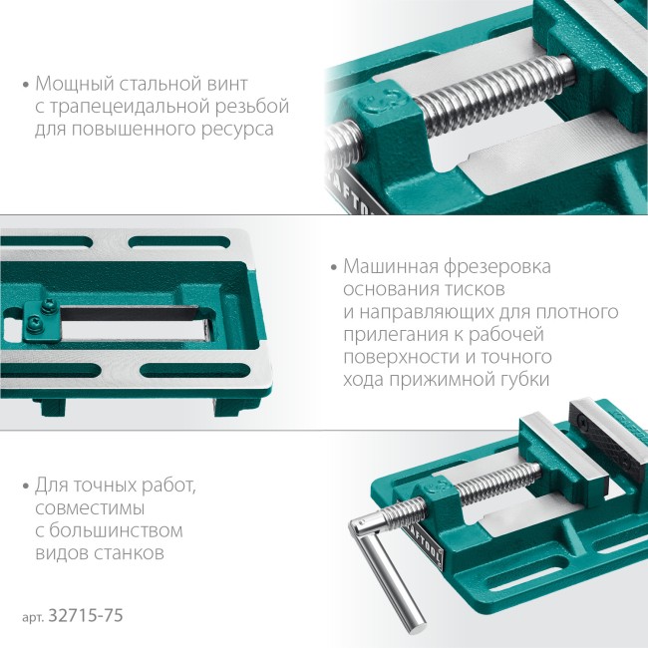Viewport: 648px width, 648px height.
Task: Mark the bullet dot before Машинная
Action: pos(331,268)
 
